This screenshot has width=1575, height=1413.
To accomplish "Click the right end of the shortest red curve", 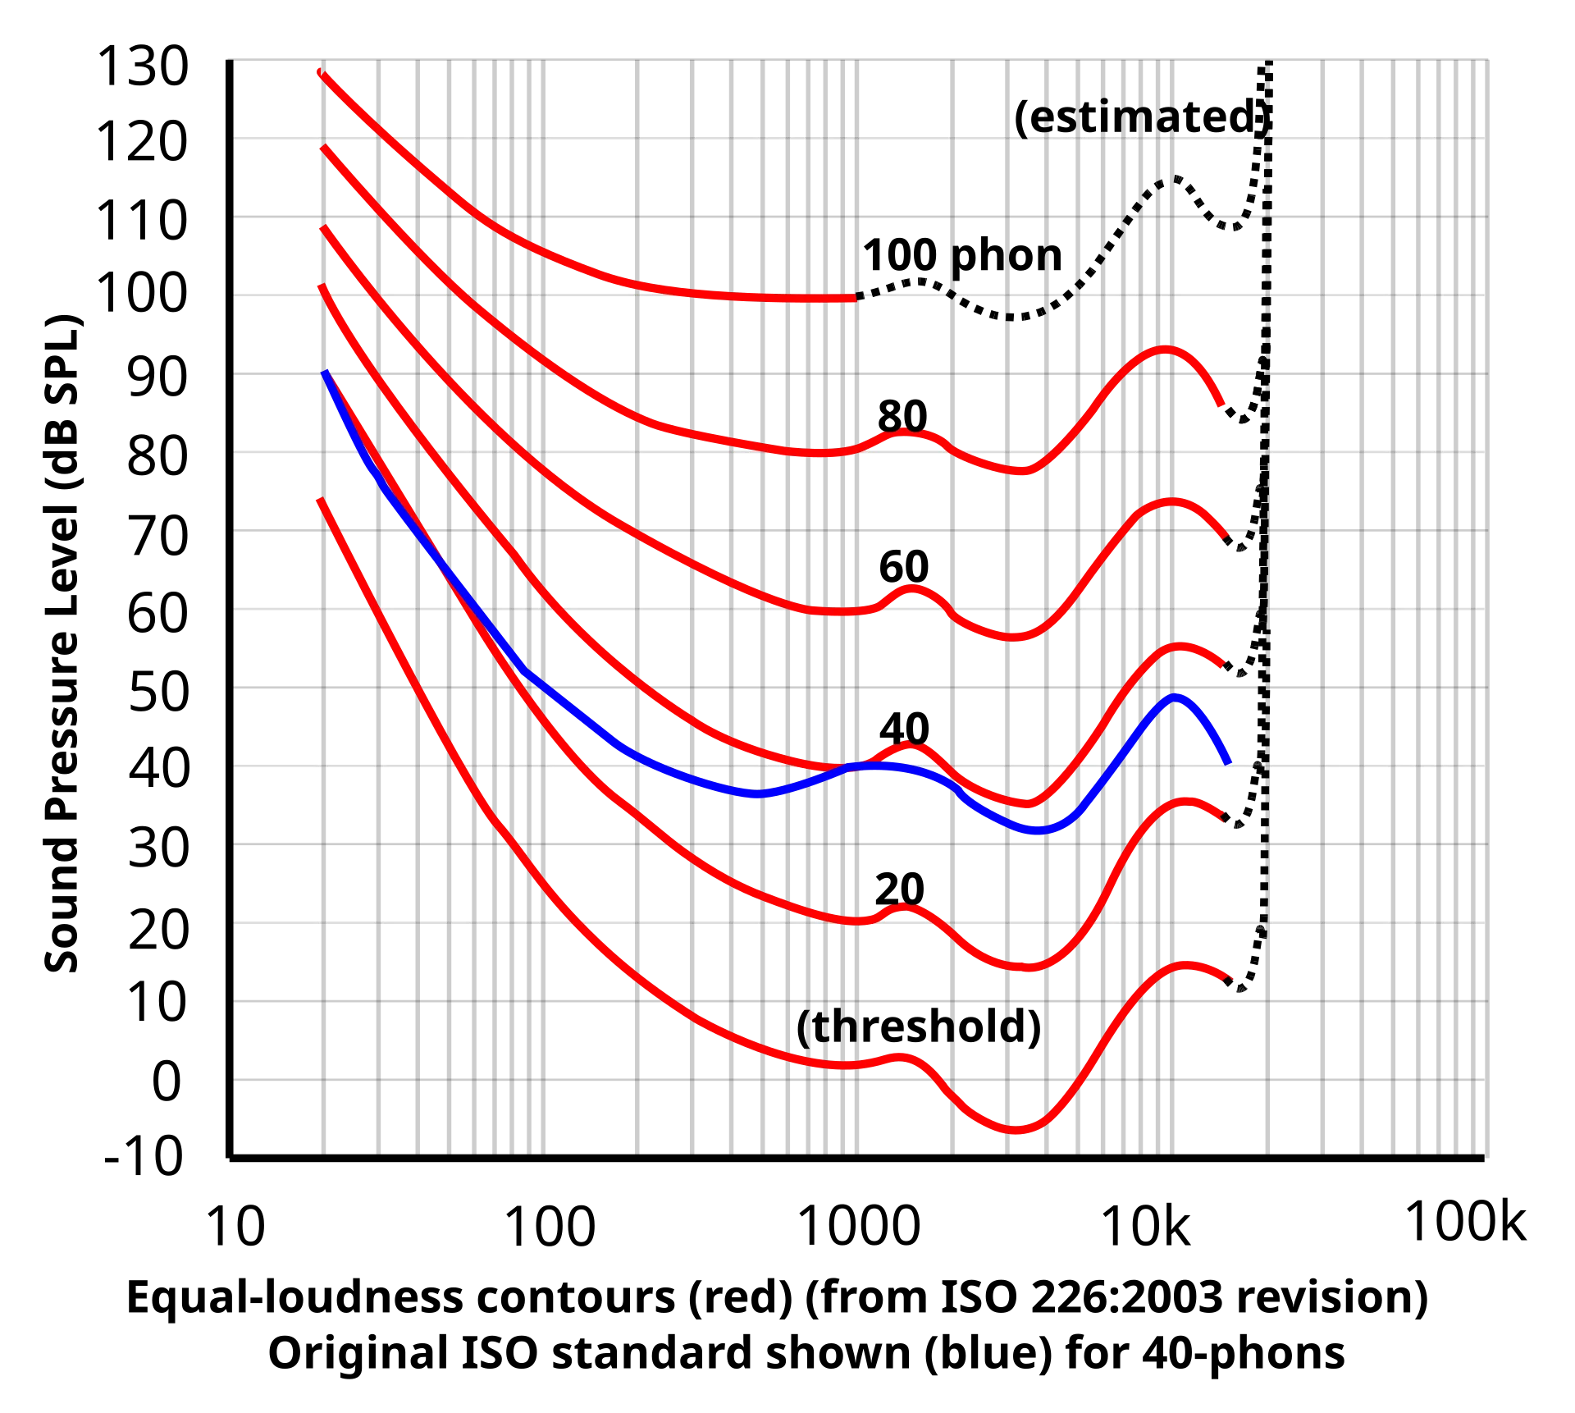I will point(856,299).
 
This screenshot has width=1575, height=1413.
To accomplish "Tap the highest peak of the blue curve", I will point(1176,697).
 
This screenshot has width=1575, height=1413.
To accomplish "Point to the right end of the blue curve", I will point(1229,763).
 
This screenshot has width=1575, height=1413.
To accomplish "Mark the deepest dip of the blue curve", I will point(1039,830).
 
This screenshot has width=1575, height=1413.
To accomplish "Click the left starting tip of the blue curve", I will point(325,372).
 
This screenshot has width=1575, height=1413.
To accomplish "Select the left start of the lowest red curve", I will point(320,499).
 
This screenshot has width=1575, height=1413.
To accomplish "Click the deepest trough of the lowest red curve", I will point(1017,1131).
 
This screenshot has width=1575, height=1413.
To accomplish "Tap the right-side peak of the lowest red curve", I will point(1184,966).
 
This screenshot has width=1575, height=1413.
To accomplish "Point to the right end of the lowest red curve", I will point(1229,978).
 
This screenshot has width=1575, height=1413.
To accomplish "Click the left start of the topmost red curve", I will point(320,72).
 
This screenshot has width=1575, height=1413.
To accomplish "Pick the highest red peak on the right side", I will point(1165,350).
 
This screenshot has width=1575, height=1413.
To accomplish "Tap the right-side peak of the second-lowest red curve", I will point(1185,802).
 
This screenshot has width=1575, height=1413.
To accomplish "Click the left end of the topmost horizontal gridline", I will point(235,138).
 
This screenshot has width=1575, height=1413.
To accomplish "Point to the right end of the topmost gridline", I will point(1484,138).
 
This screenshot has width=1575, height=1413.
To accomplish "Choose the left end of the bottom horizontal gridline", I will point(235,922).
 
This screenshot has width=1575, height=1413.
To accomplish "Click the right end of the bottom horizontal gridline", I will point(1484,922).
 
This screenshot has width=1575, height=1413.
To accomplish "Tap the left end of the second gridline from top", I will point(235,295).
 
